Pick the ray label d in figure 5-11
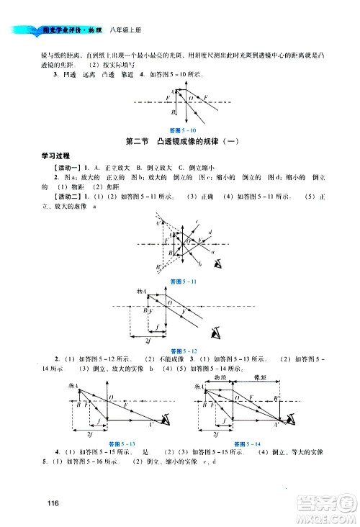(208, 232)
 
